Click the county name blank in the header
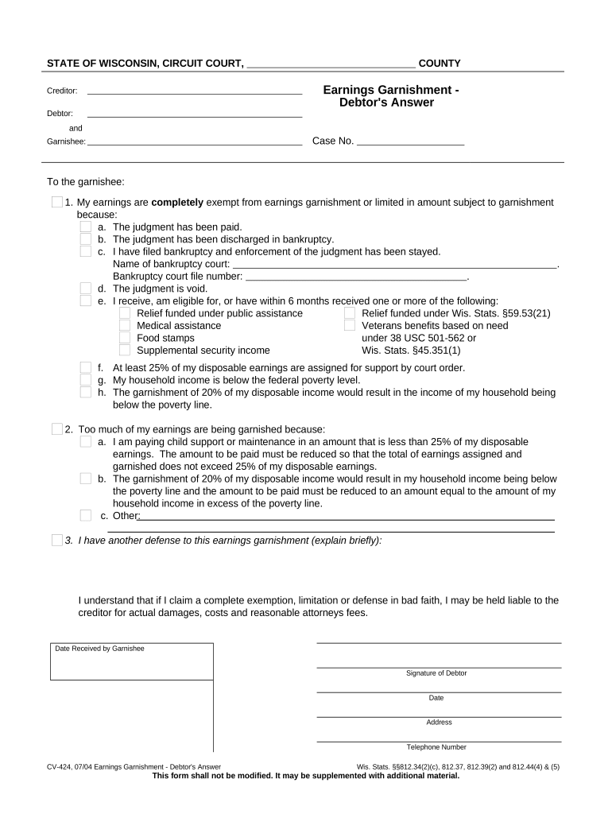tap(331, 64)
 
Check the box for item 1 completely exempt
tap(57, 203)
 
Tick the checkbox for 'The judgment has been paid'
tap(86, 227)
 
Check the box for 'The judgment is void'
tap(86, 289)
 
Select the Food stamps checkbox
tap(125, 338)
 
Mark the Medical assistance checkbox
tap(125, 325)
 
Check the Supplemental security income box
tap(125, 351)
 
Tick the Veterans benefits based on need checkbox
tap(350, 325)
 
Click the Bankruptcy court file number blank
tap(356, 277)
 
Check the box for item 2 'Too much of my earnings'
tap(57, 429)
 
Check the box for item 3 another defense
tap(57, 541)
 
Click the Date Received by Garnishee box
tap(132, 664)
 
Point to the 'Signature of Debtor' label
tap(436, 673)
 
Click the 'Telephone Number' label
tap(436, 747)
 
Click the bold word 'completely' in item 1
tap(177, 203)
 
